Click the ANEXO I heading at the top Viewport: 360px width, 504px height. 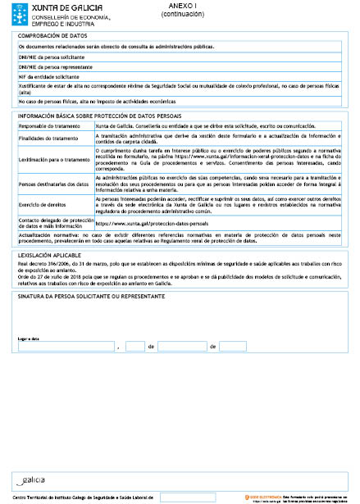[x=180, y=6]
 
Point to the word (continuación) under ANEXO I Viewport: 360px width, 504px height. [x=180, y=14]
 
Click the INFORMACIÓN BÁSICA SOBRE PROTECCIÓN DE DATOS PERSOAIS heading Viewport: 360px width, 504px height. [x=93, y=117]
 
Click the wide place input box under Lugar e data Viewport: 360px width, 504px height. [x=66, y=347]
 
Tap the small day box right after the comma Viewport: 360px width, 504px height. [x=134, y=347]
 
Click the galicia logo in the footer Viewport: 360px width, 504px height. [x=33, y=479]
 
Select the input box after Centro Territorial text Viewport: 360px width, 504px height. [x=188, y=497]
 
